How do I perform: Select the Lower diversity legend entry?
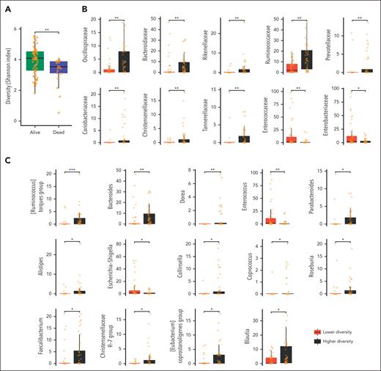point(341,331)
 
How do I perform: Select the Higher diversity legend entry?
point(341,342)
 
